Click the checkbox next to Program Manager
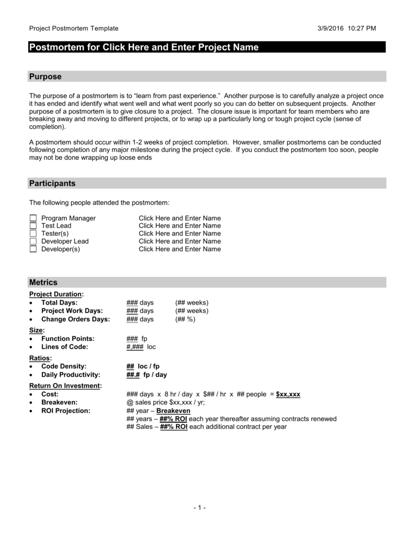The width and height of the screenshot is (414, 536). pos(33,218)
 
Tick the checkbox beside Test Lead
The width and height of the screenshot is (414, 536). pos(33,226)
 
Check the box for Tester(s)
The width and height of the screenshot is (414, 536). pos(33,233)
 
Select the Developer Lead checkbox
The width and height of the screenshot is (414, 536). pos(33,241)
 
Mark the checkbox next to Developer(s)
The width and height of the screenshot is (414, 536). pos(33,249)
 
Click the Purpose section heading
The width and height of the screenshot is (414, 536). pos(45,76)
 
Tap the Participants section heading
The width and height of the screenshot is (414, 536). pos(52,183)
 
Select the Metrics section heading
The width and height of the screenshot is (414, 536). pos(43,282)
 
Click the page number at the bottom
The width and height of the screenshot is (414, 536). pos(199,508)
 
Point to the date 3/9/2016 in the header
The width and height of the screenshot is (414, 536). pos(332,28)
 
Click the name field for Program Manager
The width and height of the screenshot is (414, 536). pos(180,218)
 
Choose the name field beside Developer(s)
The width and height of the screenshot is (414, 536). pos(180,249)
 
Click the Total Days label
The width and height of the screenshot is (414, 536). pos(59,303)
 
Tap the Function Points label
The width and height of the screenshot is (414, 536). pos(68,339)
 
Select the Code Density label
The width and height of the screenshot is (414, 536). pos(64,366)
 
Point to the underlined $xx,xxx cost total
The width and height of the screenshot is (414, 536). pos(288,394)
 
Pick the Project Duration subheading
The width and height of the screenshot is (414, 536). pos(56,294)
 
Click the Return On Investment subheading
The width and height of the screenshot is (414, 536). pos(65,386)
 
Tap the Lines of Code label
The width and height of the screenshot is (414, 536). pos(64,347)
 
